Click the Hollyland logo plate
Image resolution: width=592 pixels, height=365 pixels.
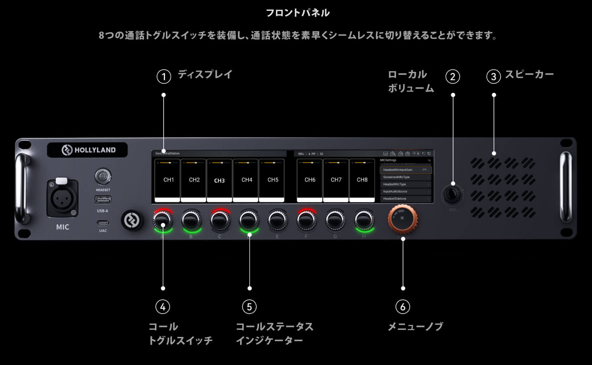point(88,150)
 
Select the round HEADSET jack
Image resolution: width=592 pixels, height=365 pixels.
point(103,176)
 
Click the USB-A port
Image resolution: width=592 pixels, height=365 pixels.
point(103,200)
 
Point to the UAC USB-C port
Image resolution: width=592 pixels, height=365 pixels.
point(103,223)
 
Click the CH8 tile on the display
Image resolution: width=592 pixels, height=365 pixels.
point(362,180)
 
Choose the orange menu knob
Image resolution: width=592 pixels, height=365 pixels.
point(403,218)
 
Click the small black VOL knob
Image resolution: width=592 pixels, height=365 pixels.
point(453,194)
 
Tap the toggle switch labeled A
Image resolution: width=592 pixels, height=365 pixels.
point(162,220)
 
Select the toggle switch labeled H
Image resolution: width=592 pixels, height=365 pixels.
point(364,220)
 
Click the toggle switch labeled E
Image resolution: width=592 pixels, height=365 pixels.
point(278,220)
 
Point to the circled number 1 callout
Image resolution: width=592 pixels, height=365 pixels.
point(163,76)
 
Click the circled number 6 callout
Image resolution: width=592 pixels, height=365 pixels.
point(403,307)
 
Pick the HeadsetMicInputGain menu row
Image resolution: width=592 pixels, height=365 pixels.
point(405,170)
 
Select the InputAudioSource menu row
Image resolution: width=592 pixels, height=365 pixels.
point(405,191)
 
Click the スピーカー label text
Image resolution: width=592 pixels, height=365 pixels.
point(529,74)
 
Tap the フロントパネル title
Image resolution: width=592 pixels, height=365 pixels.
point(297,13)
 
